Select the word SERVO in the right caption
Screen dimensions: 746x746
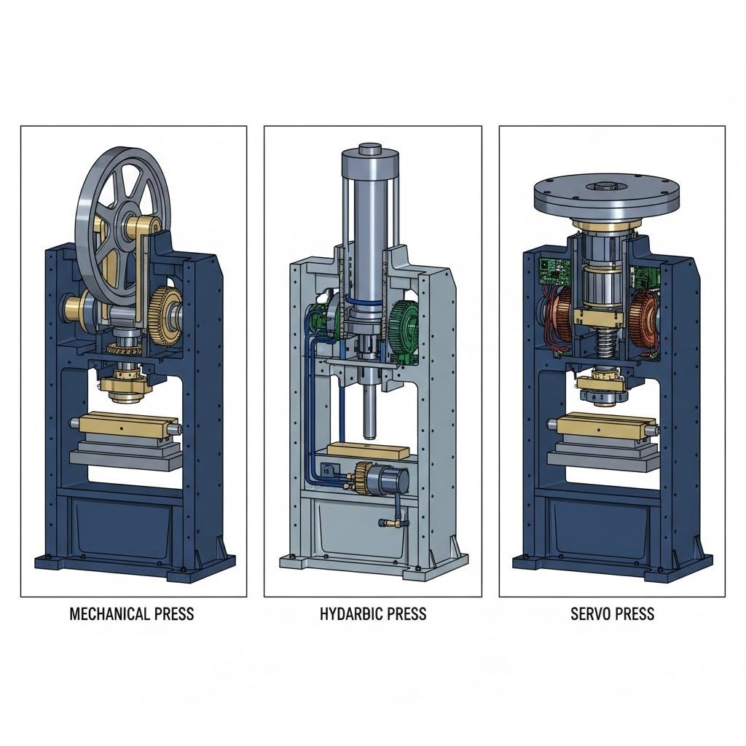[x=591, y=613]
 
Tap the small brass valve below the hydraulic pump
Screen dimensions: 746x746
[x=390, y=522]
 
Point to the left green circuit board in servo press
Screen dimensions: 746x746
[x=549, y=271]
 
